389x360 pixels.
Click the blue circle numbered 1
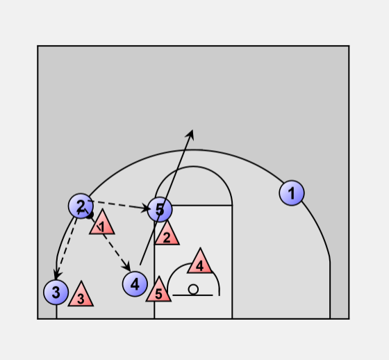click(292, 193)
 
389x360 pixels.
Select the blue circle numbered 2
click(81, 206)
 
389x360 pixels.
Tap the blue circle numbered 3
click(56, 292)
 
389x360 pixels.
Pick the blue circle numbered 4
click(135, 284)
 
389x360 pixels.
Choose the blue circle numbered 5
click(160, 210)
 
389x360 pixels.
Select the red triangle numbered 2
click(167, 235)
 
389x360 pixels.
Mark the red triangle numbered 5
click(158, 291)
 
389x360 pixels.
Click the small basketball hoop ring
click(193, 289)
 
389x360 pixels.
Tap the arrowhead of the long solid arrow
click(190, 133)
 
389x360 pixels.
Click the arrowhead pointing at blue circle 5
click(146, 208)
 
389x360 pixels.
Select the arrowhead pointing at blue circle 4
click(126, 267)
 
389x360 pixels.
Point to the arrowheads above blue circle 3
click(58, 275)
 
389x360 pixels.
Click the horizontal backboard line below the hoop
click(192, 295)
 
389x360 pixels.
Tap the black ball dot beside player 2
click(90, 215)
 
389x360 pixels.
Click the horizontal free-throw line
click(202, 205)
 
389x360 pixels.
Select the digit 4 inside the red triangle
click(200, 266)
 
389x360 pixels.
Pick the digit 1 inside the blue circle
click(291, 193)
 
